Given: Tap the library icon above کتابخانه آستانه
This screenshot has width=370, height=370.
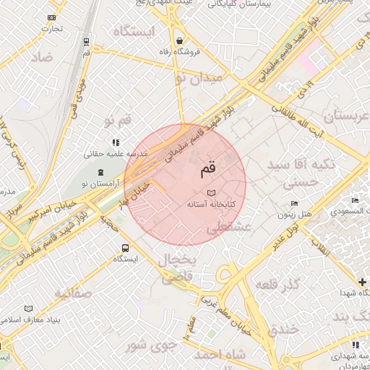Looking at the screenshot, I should coord(210,193).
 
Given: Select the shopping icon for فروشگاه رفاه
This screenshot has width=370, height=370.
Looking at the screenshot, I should coord(178,40).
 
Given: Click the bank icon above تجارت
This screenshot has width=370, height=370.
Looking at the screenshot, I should coord(51,17).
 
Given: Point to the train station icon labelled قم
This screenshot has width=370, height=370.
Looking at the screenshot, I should coord(87,43).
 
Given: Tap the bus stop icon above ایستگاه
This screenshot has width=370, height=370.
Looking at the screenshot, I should coord(126,246).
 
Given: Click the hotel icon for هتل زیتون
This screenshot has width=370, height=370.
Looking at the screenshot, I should coord(293,204).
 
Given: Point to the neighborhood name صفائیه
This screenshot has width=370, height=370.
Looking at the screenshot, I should coord(73,293).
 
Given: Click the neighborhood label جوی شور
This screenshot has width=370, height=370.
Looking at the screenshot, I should coord(151,344).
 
